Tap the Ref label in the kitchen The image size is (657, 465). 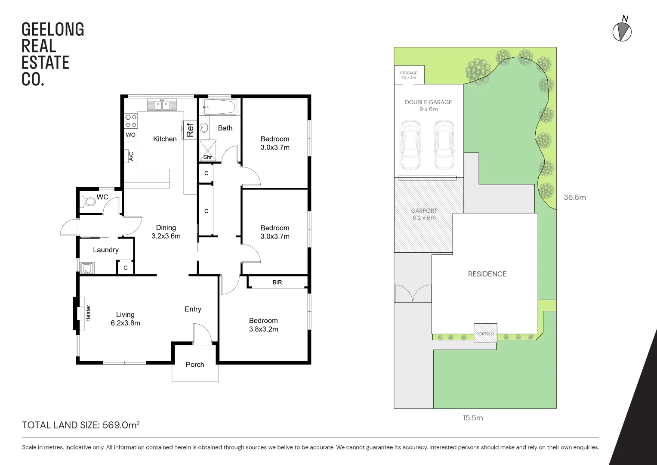[x=190, y=129]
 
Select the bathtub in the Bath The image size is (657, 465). [x=219, y=107]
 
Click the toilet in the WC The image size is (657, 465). [x=89, y=201]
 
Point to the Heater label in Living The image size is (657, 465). [x=88, y=313]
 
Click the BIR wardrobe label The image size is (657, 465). [x=277, y=282]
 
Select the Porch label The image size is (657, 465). [x=195, y=365]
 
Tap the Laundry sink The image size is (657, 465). [x=87, y=269]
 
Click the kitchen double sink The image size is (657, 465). [x=161, y=105]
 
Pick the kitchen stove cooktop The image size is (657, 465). [x=131, y=121]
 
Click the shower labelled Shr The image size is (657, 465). [x=208, y=149]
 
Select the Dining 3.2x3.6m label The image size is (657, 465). [x=166, y=232]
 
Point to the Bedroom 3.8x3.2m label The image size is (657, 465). [x=263, y=325]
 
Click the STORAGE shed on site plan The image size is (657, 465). [x=409, y=75]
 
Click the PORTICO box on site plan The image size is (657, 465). [x=485, y=333]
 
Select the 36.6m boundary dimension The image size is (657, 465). [x=574, y=198]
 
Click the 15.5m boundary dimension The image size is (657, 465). [x=472, y=418]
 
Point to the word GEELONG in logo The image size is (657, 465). [x=52, y=30]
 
